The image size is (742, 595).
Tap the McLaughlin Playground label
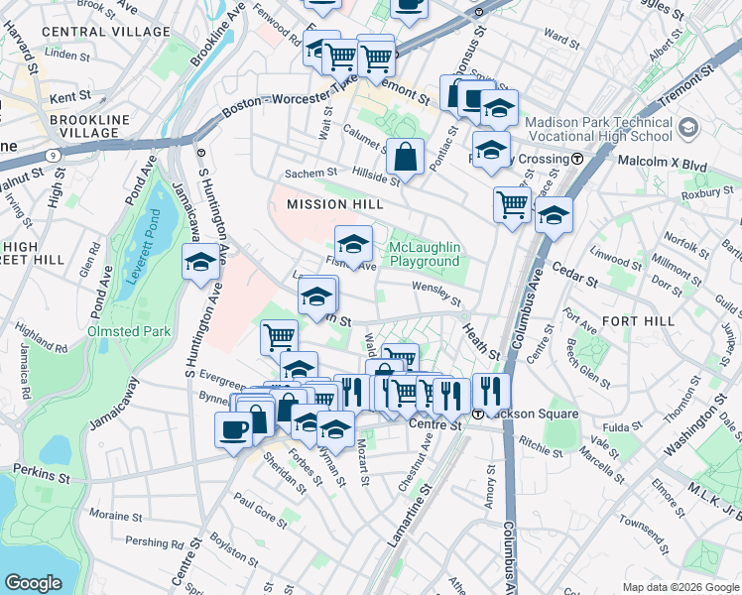point(424,254)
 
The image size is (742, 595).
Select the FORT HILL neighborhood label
point(638,321)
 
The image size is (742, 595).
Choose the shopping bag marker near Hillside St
point(406,157)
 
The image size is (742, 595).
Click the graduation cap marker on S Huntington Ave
point(200,263)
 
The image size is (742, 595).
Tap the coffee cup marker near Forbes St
point(234,429)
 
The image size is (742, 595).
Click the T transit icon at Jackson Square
point(478,414)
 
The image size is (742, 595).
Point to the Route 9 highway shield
point(51,155)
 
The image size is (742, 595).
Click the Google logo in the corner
point(33,582)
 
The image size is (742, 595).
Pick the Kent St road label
point(69,97)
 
